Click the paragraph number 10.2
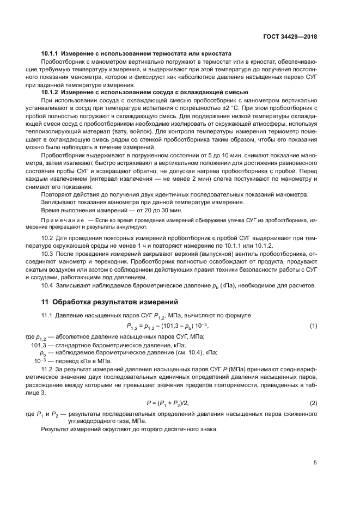tap(47, 238)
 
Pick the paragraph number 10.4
tap(47, 285)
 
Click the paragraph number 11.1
tap(47, 315)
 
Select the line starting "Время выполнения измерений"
tap(96, 210)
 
